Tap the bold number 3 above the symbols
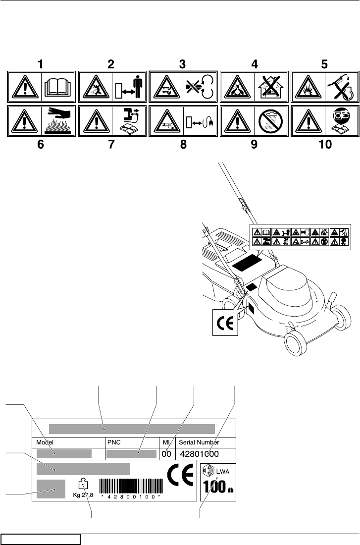(183, 64)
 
